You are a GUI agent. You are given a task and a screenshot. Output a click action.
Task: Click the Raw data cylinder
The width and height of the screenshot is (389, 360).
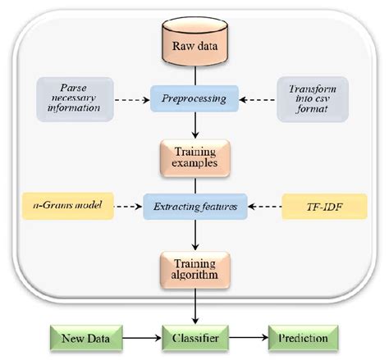point(194,46)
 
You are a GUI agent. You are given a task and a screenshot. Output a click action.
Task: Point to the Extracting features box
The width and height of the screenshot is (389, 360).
point(195,207)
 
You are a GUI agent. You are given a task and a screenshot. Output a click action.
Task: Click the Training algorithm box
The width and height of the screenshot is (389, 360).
point(195,269)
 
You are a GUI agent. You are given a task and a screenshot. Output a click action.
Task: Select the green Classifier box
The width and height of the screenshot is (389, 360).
point(195,337)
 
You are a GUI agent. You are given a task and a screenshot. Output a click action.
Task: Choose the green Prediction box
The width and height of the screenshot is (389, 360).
point(301,337)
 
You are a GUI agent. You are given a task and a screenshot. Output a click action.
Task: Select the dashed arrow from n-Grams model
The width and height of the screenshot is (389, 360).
point(130,208)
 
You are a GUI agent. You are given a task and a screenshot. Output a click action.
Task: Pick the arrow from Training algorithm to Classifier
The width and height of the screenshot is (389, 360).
point(195,306)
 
